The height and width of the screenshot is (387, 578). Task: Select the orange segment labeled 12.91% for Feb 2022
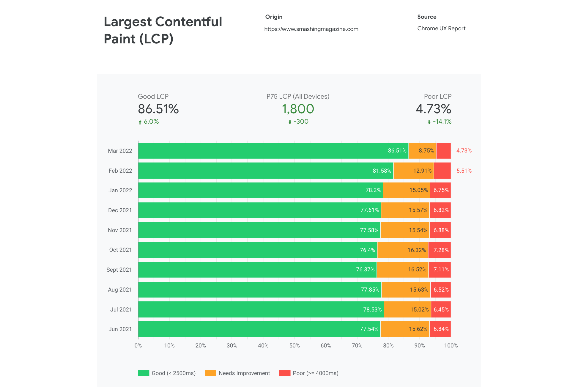(x=413, y=171)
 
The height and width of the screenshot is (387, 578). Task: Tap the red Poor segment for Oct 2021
(x=440, y=250)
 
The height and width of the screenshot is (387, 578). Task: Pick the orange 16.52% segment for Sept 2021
(x=402, y=270)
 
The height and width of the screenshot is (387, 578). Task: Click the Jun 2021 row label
(x=120, y=329)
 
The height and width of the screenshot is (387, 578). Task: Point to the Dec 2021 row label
(x=120, y=210)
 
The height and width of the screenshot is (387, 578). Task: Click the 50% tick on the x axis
(x=294, y=345)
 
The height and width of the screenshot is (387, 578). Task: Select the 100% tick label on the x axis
(x=451, y=345)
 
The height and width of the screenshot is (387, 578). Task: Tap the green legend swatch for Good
(x=144, y=373)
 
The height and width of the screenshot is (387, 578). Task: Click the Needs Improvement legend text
(x=244, y=373)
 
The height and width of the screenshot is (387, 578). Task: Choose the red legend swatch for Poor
(x=285, y=373)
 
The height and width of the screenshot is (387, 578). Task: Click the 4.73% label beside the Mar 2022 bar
(x=464, y=151)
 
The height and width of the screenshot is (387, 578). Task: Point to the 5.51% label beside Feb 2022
(x=464, y=171)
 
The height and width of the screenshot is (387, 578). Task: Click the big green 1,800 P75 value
(x=298, y=109)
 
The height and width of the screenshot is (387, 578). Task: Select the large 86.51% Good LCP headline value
(x=158, y=109)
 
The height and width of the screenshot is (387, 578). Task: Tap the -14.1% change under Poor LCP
(x=442, y=122)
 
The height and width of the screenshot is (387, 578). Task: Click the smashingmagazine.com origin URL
(x=311, y=29)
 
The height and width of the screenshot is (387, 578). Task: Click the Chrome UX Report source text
(x=441, y=29)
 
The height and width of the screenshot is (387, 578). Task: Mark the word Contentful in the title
(x=188, y=22)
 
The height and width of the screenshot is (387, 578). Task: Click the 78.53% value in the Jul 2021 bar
(x=372, y=309)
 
